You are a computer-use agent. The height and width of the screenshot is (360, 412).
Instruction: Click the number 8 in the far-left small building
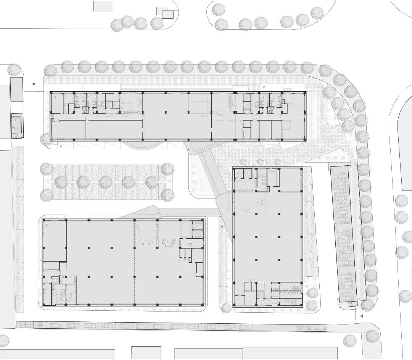(x=13, y=85)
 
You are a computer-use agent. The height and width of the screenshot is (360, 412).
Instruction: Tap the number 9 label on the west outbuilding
(x=16, y=120)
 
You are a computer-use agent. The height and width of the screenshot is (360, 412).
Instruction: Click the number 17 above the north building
(x=263, y=87)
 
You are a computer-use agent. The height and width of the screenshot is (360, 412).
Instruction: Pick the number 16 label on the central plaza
(x=196, y=184)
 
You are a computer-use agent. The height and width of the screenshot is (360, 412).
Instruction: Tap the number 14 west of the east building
(x=222, y=228)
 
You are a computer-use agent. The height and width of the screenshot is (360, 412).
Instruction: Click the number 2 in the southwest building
(x=47, y=226)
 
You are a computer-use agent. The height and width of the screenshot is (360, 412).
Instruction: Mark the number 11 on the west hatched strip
(x=19, y=150)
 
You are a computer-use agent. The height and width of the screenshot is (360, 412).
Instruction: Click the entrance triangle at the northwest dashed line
(x=34, y=84)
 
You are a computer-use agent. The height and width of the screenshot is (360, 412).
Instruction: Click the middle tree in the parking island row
(x=105, y=181)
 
